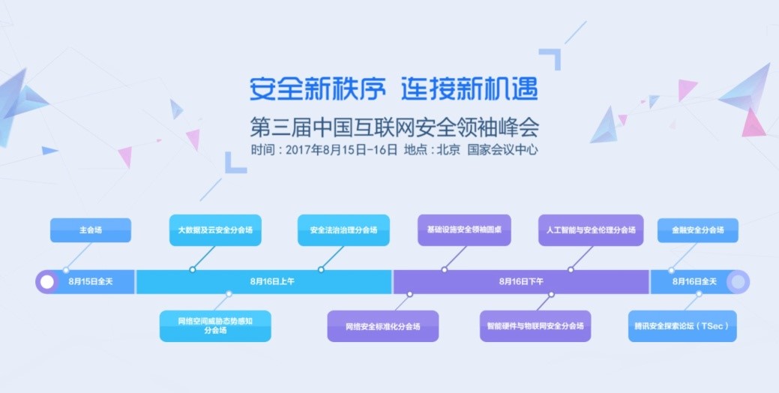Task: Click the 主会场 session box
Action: pyautogui.click(x=90, y=230)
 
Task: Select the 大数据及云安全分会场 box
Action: pyautogui.click(x=215, y=230)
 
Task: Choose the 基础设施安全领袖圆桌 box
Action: pyautogui.click(x=464, y=229)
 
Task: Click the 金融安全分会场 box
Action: pyautogui.click(x=697, y=230)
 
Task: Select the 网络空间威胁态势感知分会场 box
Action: pyautogui.click(x=215, y=325)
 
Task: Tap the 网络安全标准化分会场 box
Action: pyautogui.click(x=382, y=326)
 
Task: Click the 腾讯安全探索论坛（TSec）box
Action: pyautogui.click(x=682, y=326)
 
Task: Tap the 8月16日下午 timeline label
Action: pyautogui.click(x=521, y=282)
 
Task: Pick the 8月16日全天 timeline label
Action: pyautogui.click(x=694, y=282)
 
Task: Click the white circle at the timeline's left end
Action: pyautogui.click(x=47, y=282)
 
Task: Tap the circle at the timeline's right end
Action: pyautogui.click(x=738, y=282)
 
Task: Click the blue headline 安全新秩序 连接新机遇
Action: pyautogui.click(x=394, y=89)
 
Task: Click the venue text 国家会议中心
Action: pyautogui.click(x=502, y=148)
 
